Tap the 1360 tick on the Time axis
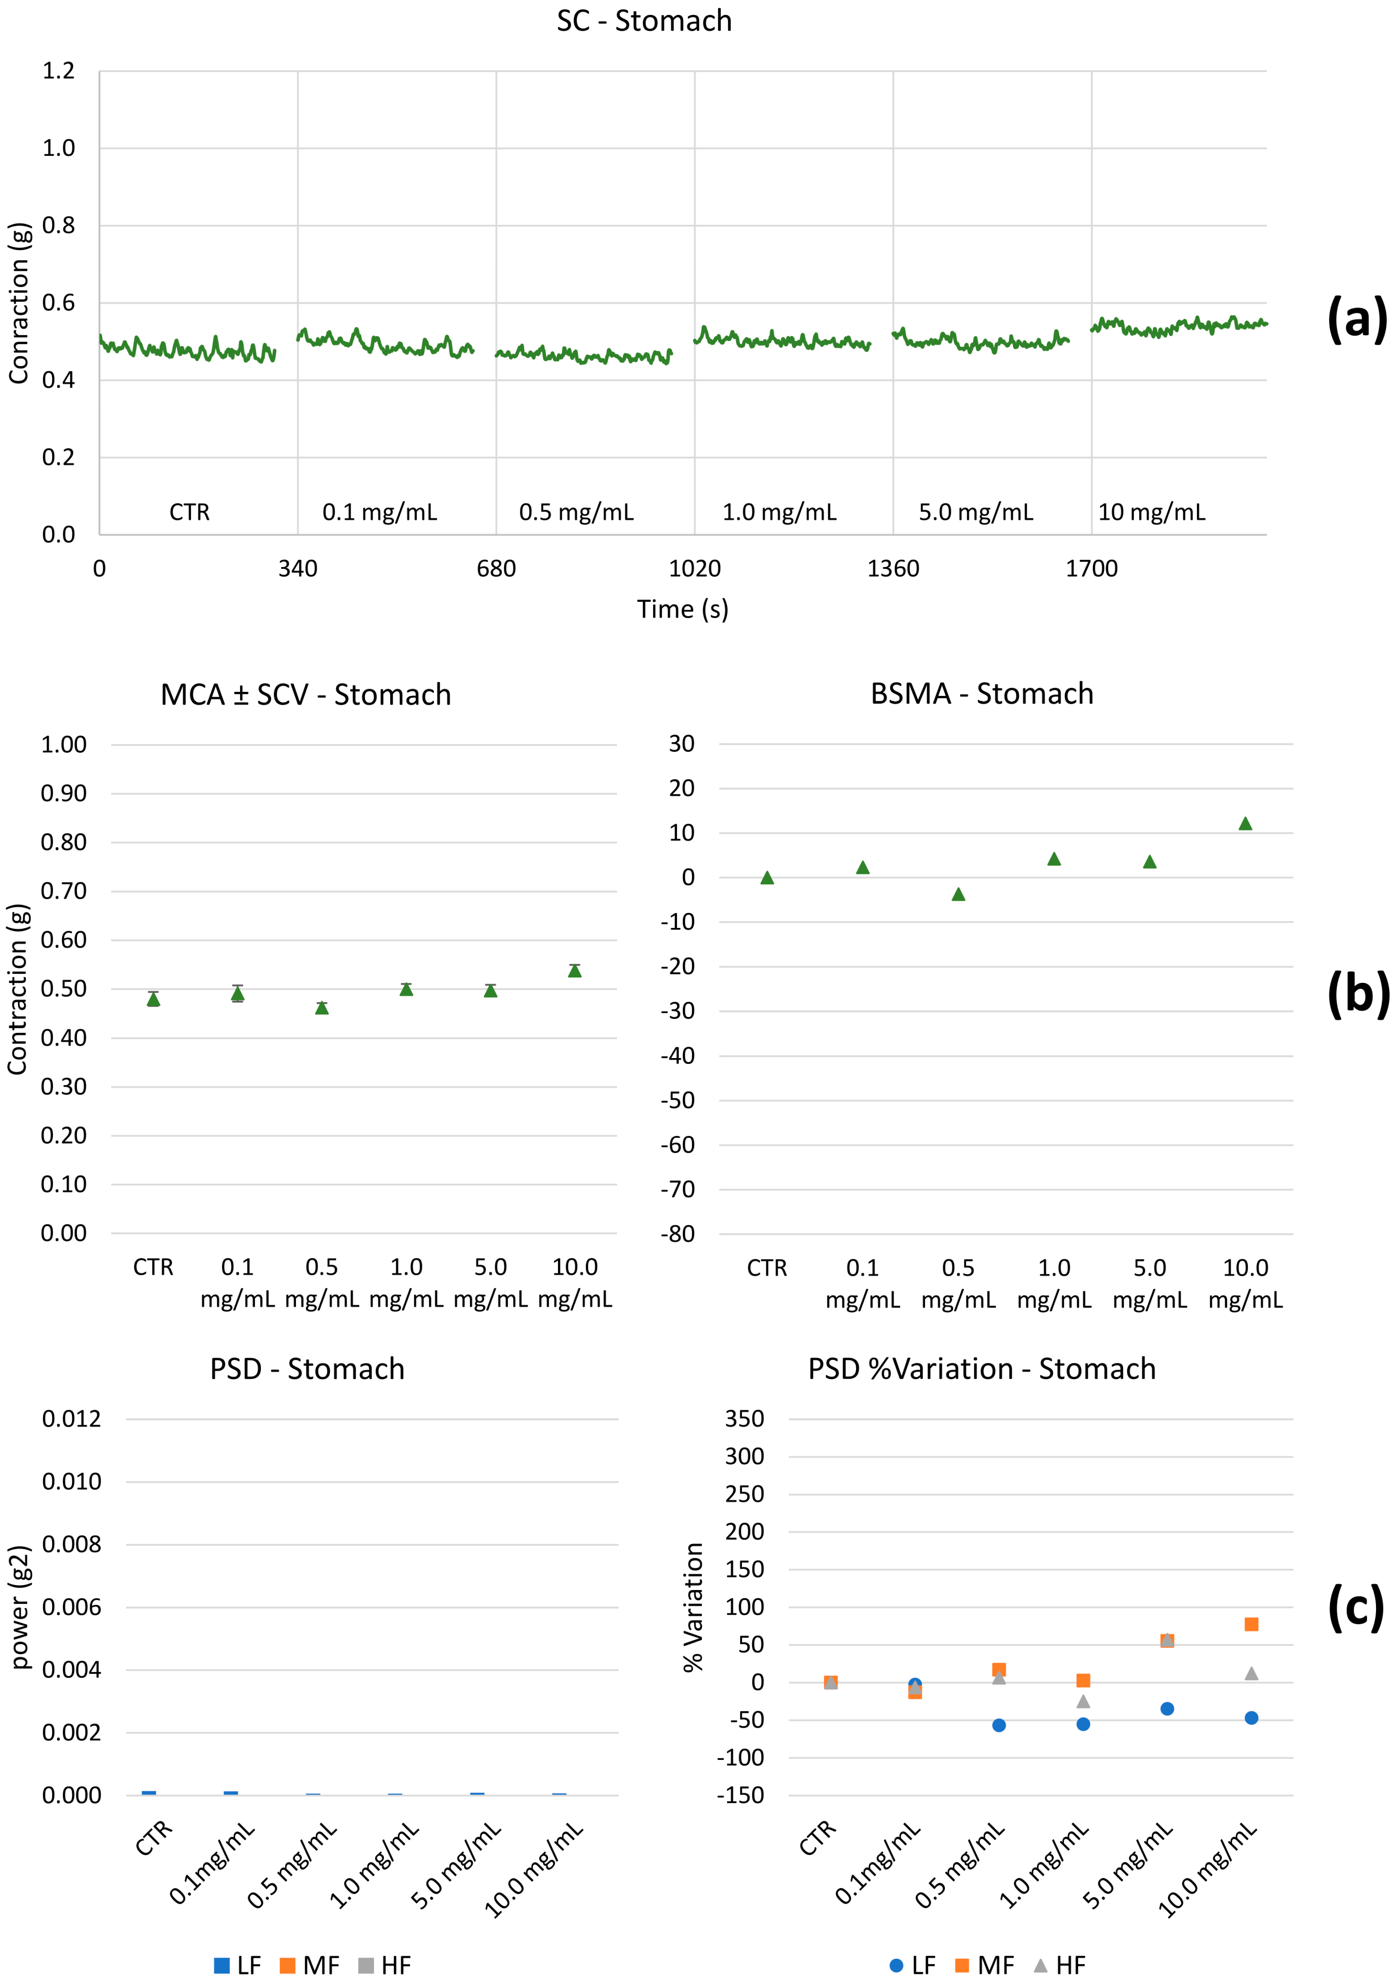pyautogui.click(x=893, y=569)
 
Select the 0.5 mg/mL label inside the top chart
pyautogui.click(x=576, y=513)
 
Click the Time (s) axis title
pyautogui.click(x=682, y=609)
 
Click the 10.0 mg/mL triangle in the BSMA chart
pyautogui.click(x=1245, y=824)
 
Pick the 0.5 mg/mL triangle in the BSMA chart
pyautogui.click(x=959, y=895)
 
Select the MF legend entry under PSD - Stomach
pyautogui.click(x=310, y=1964)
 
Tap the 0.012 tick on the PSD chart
pyautogui.click(x=72, y=1419)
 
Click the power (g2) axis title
pyautogui.click(x=21, y=1607)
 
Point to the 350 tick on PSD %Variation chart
pyautogui.click(x=744, y=1419)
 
